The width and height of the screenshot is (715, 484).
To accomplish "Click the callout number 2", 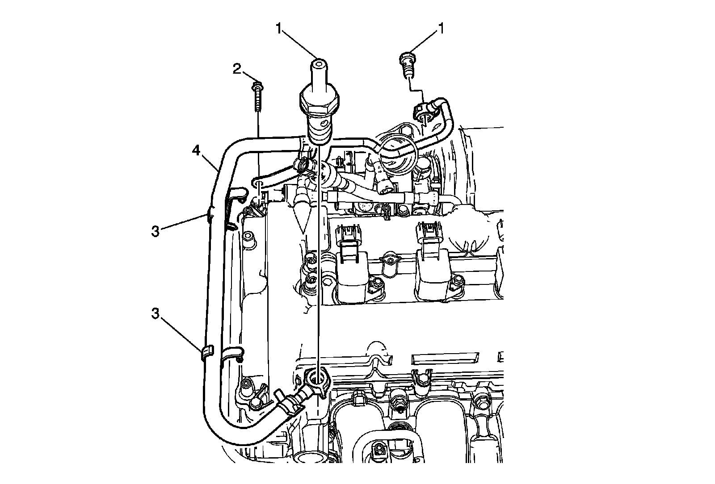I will pos(237,68).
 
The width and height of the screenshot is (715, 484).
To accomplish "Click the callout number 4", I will pos(196,151).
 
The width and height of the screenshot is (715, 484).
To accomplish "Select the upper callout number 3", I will pos(155,232).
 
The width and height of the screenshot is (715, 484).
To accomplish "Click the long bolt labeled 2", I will pos(258,96).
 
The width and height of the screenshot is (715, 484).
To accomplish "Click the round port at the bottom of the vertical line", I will pos(317,379).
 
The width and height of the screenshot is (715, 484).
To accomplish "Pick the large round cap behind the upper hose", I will pos(399,154).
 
